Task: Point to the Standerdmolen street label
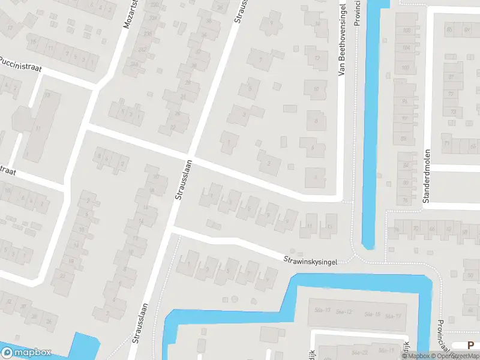pos(427,176)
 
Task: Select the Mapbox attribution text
pos(416,356)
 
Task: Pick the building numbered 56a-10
pos(322,310)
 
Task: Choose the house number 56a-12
pos(344,312)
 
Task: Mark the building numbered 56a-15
pos(373,314)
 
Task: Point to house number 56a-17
pos(393,316)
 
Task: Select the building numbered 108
pos(407,31)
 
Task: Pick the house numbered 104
pos(407,47)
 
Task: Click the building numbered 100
pos(406,67)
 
